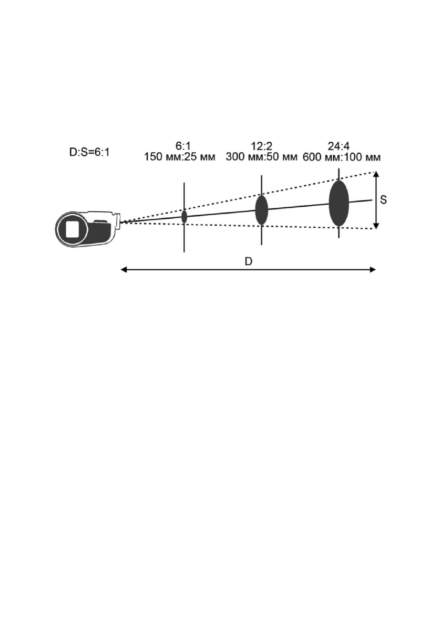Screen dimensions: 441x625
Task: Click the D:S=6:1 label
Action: pyautogui.click(x=89, y=152)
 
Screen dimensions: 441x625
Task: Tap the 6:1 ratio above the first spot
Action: pyautogui.click(x=183, y=146)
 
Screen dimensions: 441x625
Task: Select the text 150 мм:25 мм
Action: pyautogui.click(x=180, y=157)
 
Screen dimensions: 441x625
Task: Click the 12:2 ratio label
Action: pyautogui.click(x=261, y=146)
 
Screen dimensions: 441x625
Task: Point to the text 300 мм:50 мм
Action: pyautogui.click(x=261, y=157)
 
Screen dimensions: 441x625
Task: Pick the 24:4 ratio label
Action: pyautogui.click(x=339, y=146)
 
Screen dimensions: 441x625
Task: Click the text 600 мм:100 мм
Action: pyautogui.click(x=342, y=157)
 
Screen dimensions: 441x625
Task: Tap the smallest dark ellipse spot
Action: pyautogui.click(x=184, y=216)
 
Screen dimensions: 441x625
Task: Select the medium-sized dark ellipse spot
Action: pyautogui.click(x=261, y=210)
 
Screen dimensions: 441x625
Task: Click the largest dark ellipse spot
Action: pyautogui.click(x=339, y=203)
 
